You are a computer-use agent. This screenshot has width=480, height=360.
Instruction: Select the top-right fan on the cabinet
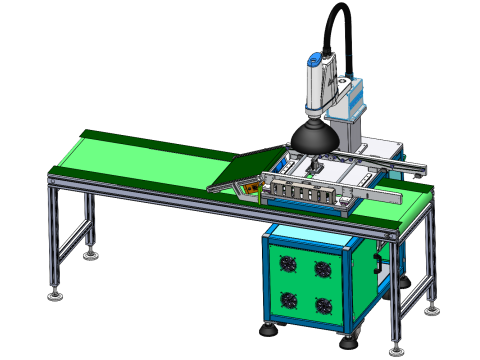tap(323, 268)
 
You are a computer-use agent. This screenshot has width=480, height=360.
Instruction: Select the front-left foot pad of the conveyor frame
tap(56, 293)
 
